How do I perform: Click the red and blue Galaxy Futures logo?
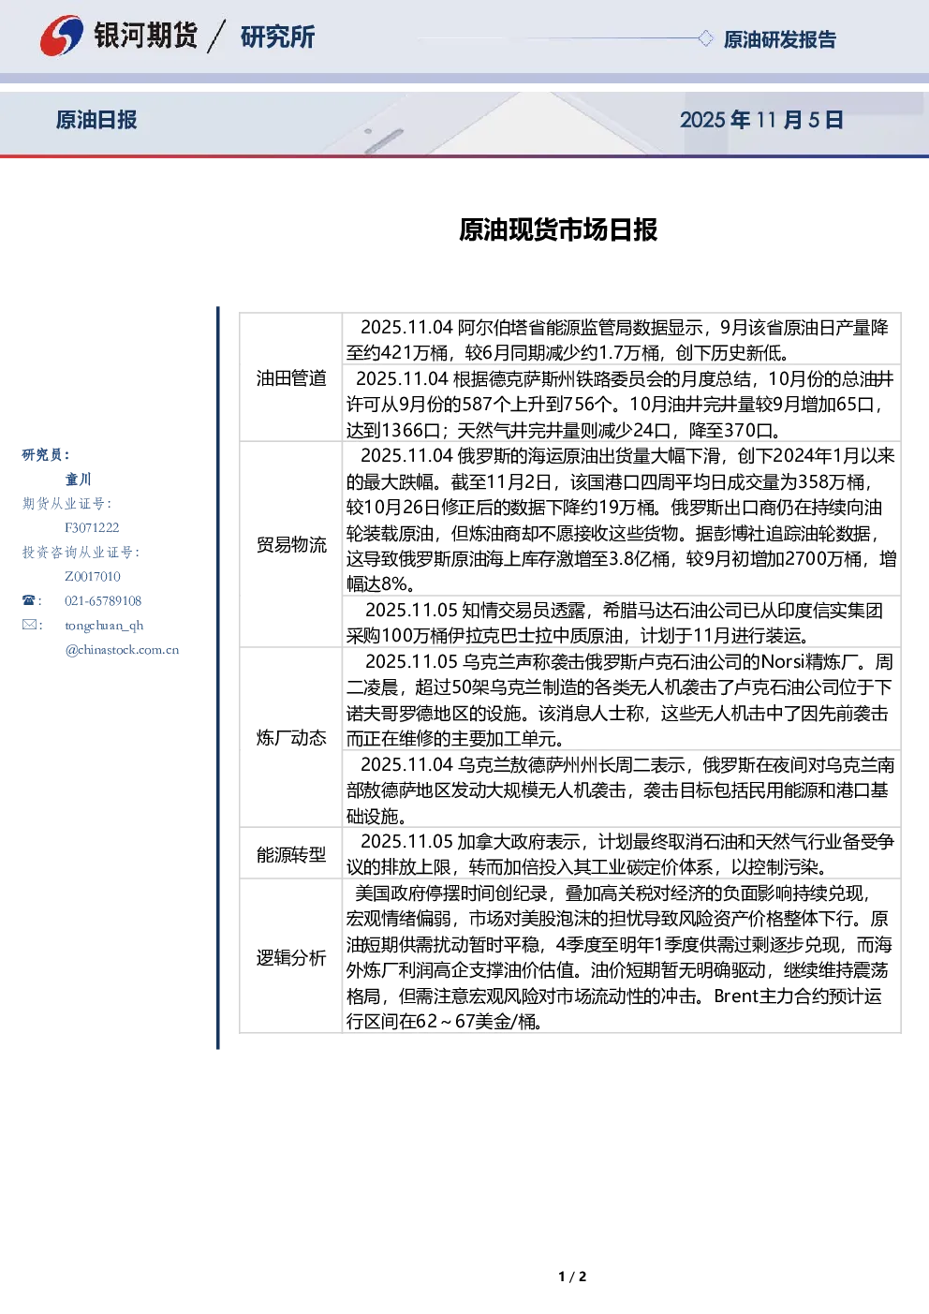tap(61, 36)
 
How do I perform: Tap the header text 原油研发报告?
tap(779, 39)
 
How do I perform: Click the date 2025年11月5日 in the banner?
tap(761, 120)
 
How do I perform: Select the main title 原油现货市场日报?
tap(558, 229)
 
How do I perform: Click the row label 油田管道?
tap(291, 378)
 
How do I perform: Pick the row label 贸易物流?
tap(291, 544)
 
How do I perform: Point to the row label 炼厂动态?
tap(291, 737)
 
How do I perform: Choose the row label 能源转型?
tap(291, 855)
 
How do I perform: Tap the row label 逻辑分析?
tap(291, 957)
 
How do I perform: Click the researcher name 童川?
tap(78, 480)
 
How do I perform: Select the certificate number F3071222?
tap(92, 527)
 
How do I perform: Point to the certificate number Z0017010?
tap(93, 576)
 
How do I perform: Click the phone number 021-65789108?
tap(103, 600)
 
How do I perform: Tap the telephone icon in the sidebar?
tap(29, 600)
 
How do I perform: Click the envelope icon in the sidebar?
tap(29, 624)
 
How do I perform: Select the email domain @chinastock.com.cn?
tap(122, 649)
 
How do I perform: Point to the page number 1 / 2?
tap(572, 1277)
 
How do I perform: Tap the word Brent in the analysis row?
tap(736, 997)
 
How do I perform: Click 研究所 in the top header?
tap(277, 37)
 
